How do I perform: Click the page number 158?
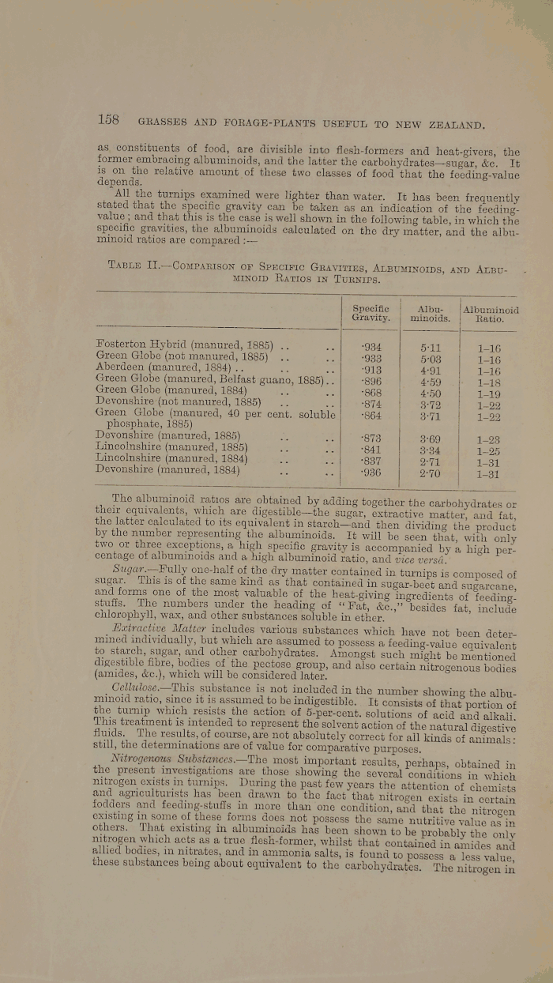click(x=107, y=121)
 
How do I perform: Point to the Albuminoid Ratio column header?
click(x=490, y=313)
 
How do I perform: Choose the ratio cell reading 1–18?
click(x=490, y=380)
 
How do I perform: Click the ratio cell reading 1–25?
click(x=490, y=450)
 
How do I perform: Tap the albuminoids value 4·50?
click(x=431, y=392)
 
